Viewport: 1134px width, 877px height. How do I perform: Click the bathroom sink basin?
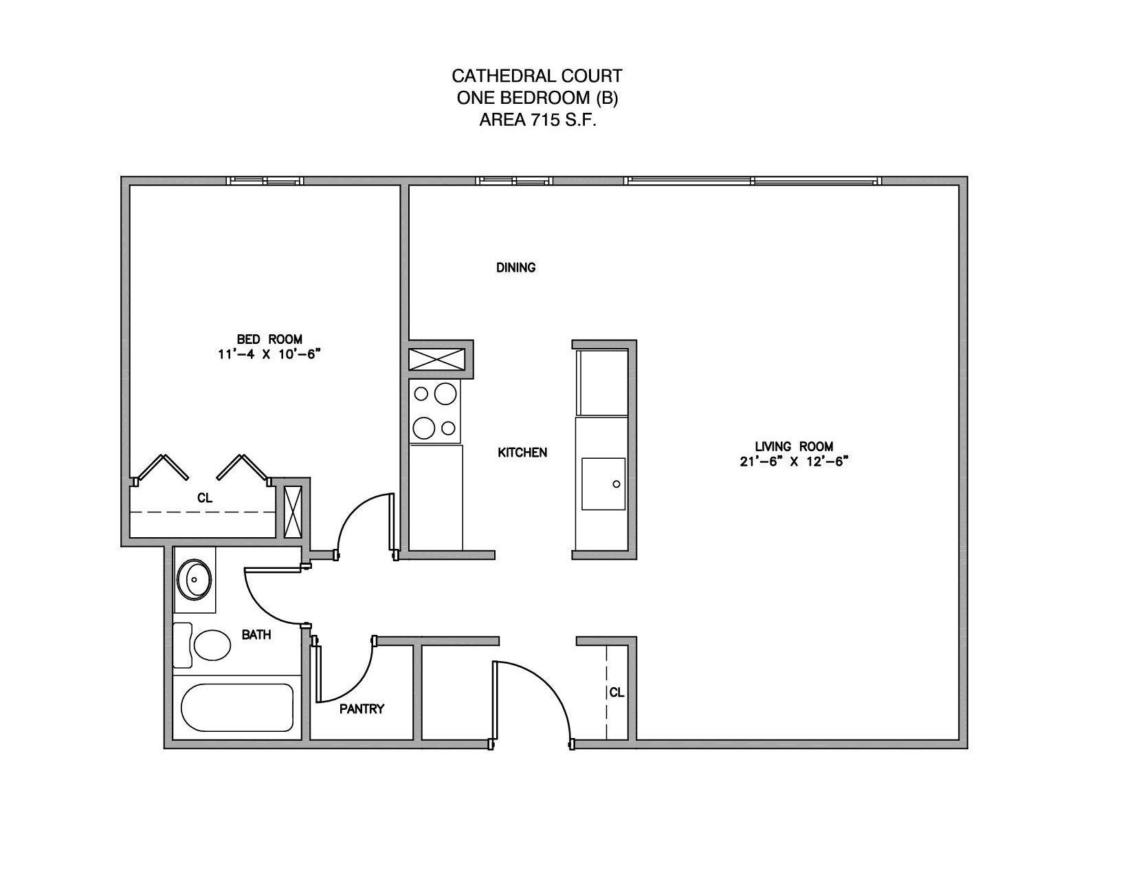194,580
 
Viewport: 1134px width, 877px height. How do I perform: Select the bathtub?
237,707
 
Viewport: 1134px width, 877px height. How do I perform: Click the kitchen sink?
603,484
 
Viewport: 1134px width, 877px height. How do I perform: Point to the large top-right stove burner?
445,394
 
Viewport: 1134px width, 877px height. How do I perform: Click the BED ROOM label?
269,339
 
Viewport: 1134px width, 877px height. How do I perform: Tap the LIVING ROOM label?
794,446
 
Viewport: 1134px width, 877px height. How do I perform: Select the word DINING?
515,268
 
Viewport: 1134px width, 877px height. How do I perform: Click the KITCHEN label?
522,453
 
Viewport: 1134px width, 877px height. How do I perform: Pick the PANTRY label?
362,708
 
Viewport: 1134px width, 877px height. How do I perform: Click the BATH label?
256,635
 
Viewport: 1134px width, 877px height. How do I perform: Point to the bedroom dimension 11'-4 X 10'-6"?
269,354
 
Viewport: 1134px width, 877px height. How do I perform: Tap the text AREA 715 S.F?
537,120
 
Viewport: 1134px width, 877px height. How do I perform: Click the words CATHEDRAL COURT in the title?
537,76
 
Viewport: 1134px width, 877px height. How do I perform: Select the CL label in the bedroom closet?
205,498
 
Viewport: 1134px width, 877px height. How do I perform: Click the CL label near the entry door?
617,693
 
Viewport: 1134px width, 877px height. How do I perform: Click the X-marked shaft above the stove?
436,359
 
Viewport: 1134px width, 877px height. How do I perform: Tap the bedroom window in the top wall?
265,181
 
